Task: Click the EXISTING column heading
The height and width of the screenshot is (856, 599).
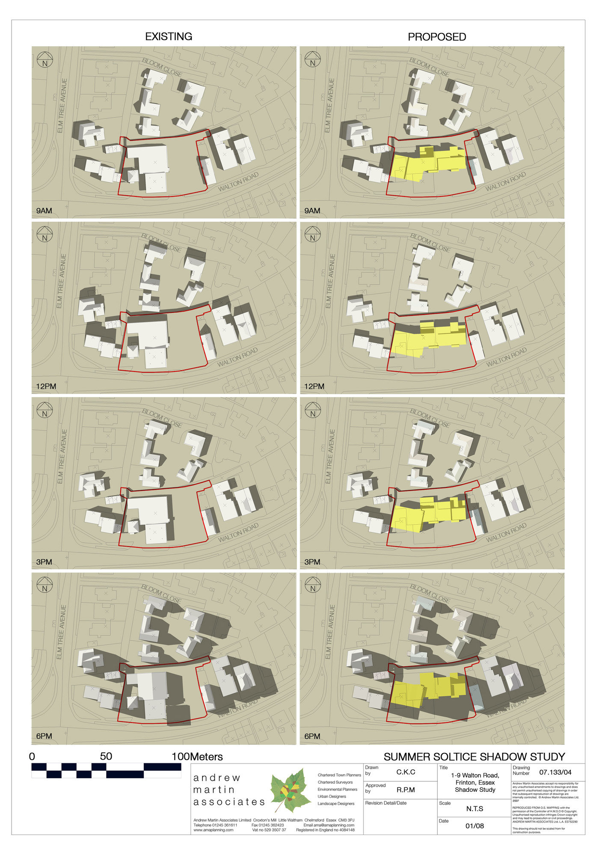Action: [169, 37]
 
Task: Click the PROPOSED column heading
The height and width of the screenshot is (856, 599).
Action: [437, 37]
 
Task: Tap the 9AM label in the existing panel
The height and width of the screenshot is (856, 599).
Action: [44, 211]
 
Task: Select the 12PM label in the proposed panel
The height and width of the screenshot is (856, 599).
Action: [314, 386]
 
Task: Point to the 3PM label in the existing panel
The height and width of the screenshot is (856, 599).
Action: [44, 562]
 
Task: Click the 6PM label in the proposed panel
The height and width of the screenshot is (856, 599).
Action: [312, 737]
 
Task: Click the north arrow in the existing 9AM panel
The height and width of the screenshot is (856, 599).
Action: [44, 59]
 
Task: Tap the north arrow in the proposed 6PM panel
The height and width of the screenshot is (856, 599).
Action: [313, 585]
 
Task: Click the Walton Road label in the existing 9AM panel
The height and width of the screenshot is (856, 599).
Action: [238, 182]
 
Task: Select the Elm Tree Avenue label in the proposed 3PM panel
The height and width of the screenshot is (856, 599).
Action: [329, 456]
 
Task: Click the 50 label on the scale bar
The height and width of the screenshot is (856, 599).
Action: [106, 756]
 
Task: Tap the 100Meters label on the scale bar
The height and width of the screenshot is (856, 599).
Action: [197, 757]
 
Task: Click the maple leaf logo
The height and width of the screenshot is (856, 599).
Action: [291, 791]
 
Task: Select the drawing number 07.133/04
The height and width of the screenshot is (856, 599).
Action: [555, 772]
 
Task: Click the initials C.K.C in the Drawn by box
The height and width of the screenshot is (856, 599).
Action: [406, 772]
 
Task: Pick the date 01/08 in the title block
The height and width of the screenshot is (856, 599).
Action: [474, 826]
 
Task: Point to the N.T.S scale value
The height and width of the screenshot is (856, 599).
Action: [474, 808]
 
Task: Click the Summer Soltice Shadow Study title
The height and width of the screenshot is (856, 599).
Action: [474, 757]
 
